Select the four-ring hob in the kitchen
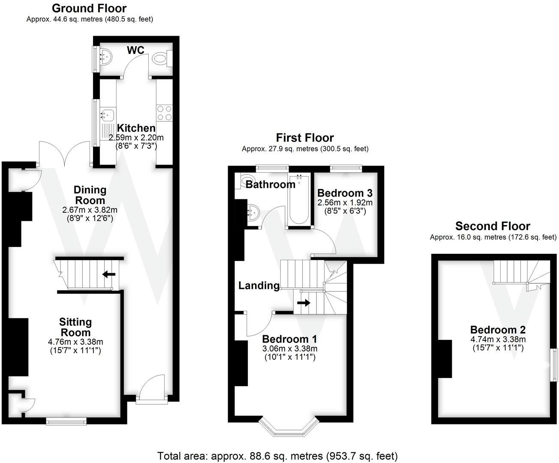[x=164, y=112]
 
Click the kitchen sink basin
[x=107, y=115]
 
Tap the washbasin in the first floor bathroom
[x=254, y=212]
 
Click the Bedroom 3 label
[x=345, y=193]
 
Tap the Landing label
[x=259, y=286]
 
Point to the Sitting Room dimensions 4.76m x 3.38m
[x=75, y=342]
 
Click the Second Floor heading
[x=493, y=226]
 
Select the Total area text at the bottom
[x=277, y=456]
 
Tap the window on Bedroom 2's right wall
[x=554, y=364]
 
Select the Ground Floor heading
[x=89, y=8]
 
